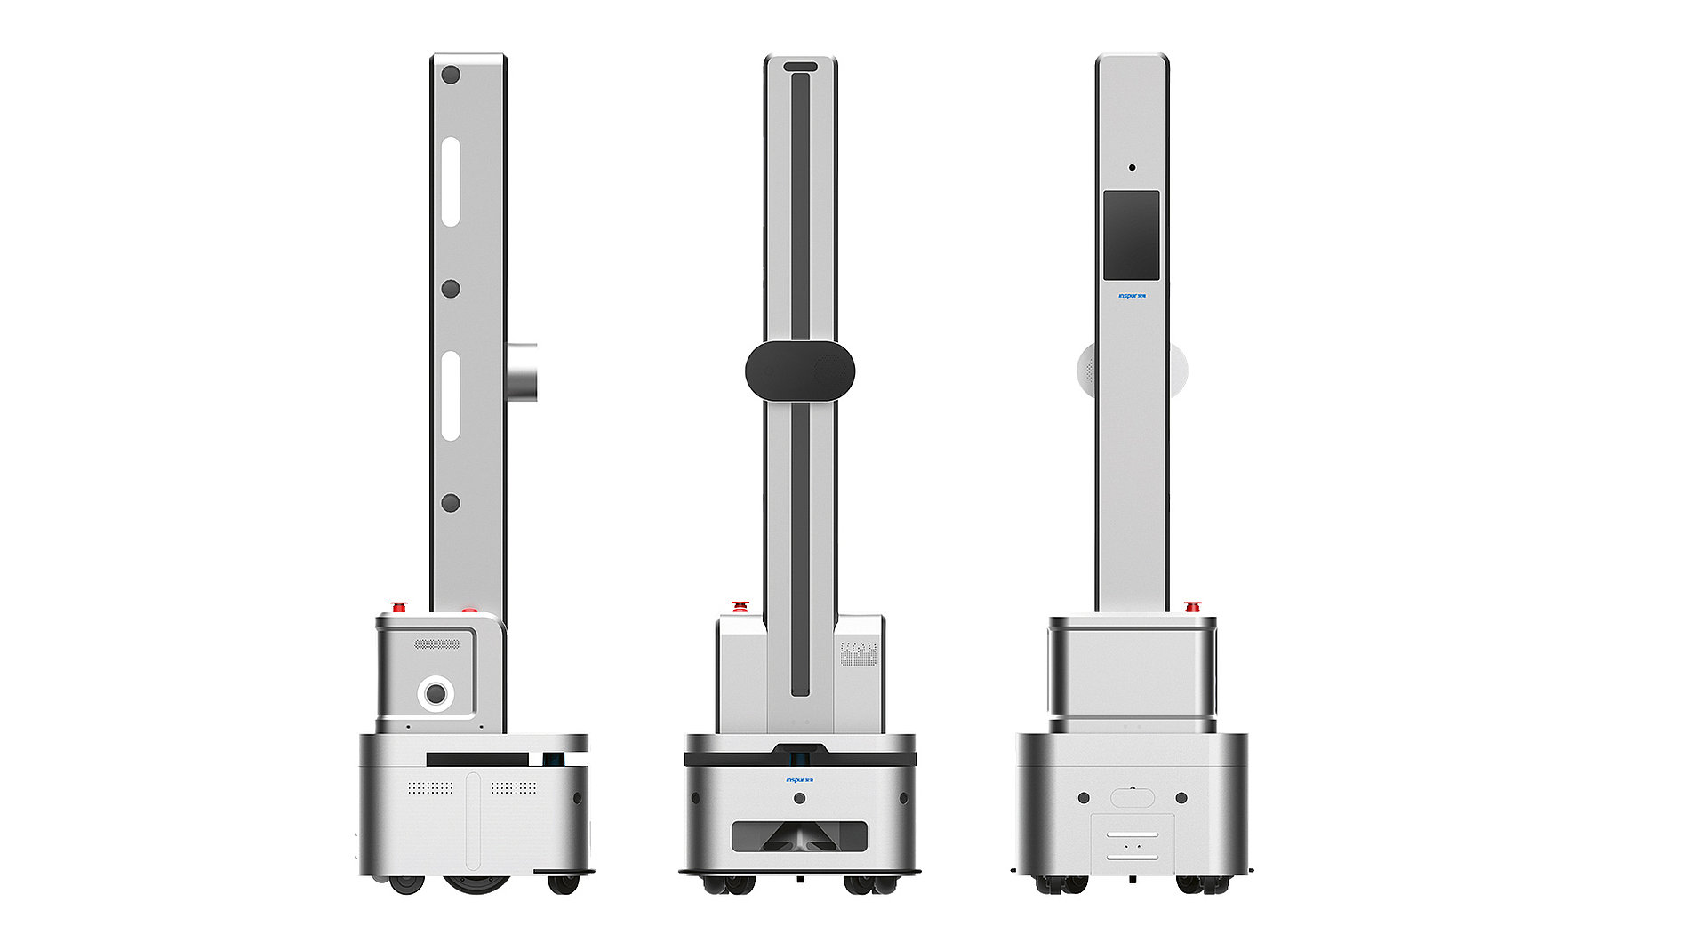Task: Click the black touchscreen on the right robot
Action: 1131,236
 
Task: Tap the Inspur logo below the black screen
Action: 1132,296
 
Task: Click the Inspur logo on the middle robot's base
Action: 799,780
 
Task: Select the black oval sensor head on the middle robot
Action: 799,371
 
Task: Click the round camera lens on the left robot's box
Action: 436,691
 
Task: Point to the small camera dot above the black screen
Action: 1132,167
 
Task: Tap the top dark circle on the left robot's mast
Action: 451,75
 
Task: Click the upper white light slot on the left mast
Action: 451,181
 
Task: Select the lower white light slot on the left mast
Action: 451,395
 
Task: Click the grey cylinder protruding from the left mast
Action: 522,371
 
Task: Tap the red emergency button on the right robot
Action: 1192,607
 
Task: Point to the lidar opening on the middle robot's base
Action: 799,836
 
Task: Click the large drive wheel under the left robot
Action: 476,883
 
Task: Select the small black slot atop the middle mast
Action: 800,67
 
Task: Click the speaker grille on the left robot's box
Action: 437,643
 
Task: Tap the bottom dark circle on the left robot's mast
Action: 451,503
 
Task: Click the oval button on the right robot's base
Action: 1132,797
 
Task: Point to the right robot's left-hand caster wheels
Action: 1061,884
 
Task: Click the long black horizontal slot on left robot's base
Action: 477,760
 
